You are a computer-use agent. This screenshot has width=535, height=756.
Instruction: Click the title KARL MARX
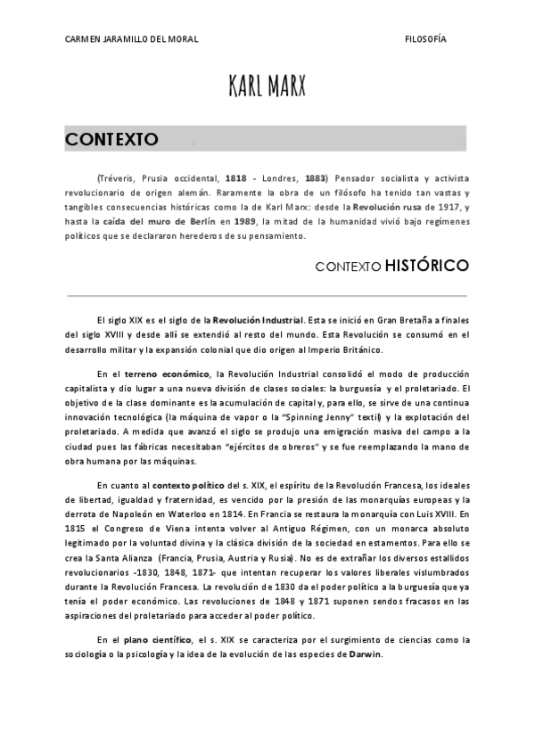point(267,86)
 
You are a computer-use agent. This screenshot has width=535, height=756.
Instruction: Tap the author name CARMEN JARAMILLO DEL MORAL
point(132,40)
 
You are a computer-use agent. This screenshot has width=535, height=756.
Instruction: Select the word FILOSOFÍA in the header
point(425,40)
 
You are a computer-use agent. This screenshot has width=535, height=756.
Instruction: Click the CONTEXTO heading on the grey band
point(111,140)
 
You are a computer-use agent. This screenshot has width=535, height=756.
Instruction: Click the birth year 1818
point(236,179)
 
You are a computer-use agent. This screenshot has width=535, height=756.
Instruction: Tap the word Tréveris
point(117,179)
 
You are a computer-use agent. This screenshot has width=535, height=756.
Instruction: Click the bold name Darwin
point(366,653)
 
